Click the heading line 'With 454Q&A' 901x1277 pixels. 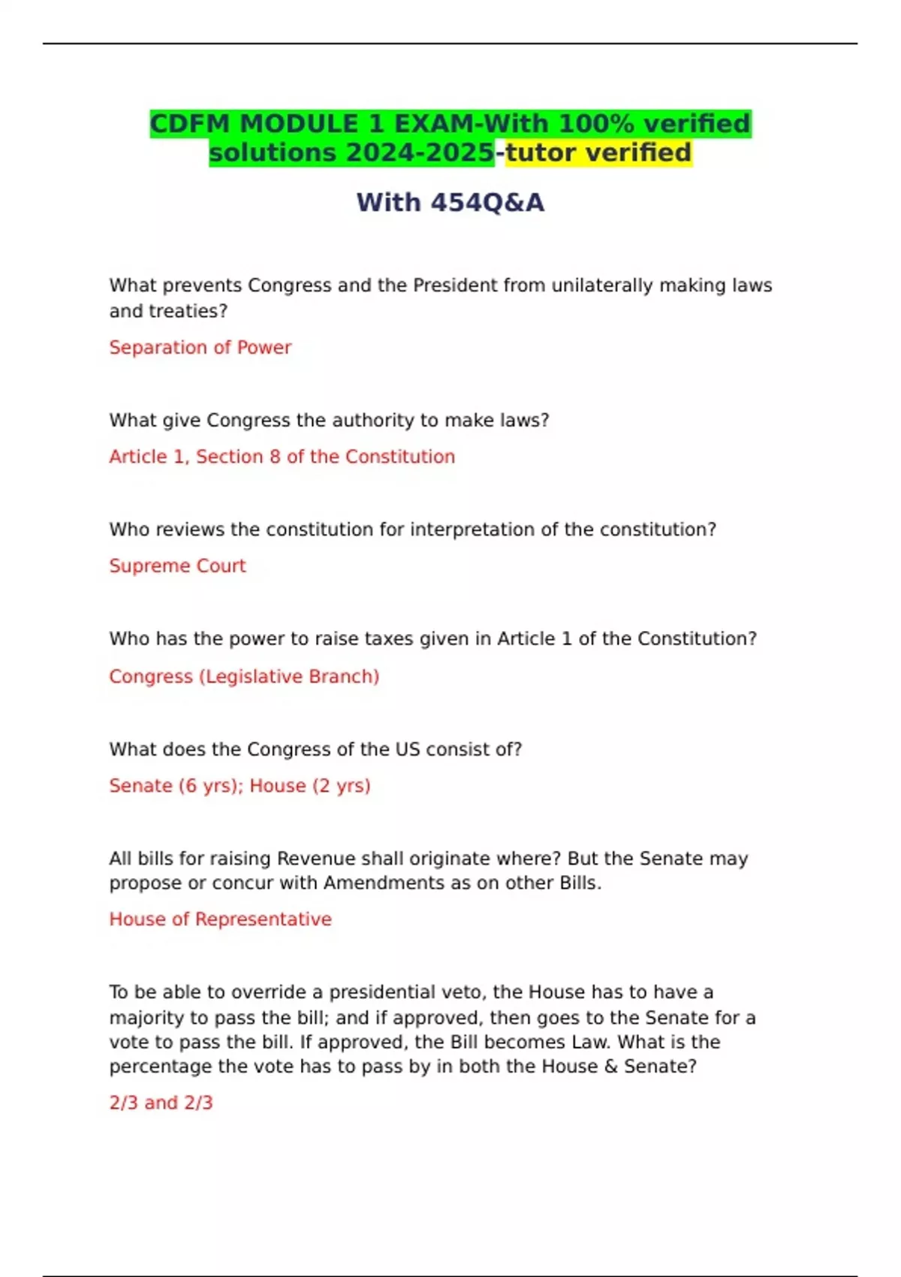[x=450, y=203]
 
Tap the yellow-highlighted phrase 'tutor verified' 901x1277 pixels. [x=598, y=152]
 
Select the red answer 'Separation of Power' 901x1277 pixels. [x=200, y=347]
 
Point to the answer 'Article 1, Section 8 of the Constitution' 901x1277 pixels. [x=282, y=457]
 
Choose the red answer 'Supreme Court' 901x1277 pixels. [x=177, y=566]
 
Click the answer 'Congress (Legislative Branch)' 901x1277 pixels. [x=244, y=676]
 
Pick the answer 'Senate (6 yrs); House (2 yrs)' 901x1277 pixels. [x=240, y=786]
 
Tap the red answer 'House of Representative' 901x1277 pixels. [x=220, y=919]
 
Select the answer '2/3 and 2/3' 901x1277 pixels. [x=161, y=1103]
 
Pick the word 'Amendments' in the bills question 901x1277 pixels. [x=384, y=883]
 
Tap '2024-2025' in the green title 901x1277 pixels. [x=419, y=152]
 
